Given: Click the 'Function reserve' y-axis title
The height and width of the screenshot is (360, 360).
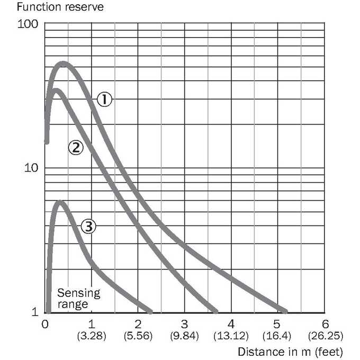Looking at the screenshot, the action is pyautogui.click(x=60, y=7).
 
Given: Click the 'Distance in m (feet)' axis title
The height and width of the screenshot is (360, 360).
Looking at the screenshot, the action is pyautogui.click(x=290, y=352).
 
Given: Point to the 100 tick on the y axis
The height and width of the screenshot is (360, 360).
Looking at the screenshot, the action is pyautogui.click(x=28, y=24).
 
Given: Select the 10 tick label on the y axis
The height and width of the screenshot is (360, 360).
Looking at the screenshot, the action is pyautogui.click(x=31, y=168).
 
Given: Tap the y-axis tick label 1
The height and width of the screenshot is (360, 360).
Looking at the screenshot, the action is pyautogui.click(x=35, y=312).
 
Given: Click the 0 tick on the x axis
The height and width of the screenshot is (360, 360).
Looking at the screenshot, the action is pyautogui.click(x=45, y=324).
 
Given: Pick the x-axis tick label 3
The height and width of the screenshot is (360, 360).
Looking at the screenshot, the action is pyautogui.click(x=184, y=324).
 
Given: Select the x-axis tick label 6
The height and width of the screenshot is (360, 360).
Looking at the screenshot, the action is pyautogui.click(x=326, y=324).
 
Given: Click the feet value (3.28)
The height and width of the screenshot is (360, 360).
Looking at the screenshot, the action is pyautogui.click(x=92, y=336).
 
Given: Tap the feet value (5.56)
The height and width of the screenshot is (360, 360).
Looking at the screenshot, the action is pyautogui.click(x=138, y=336).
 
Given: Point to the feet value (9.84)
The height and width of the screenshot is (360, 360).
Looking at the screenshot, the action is pyautogui.click(x=184, y=336).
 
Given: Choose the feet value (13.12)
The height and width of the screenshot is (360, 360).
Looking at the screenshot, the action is pyautogui.click(x=231, y=336).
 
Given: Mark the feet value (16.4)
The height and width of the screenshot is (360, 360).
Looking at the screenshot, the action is pyautogui.click(x=277, y=336).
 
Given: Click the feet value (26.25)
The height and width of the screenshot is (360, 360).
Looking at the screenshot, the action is pyautogui.click(x=326, y=336).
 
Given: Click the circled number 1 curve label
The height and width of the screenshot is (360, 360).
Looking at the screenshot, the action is pyautogui.click(x=104, y=100).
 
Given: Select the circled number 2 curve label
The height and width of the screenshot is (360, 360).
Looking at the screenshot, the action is pyautogui.click(x=76, y=147).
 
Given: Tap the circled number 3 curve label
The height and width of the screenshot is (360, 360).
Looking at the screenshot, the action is pyautogui.click(x=88, y=226).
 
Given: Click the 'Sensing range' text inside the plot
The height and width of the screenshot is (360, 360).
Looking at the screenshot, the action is pyautogui.click(x=78, y=299).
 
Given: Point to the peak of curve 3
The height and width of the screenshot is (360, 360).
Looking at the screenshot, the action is pyautogui.click(x=60, y=202).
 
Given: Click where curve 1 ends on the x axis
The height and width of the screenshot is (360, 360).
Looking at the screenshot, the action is pyautogui.click(x=285, y=311).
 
